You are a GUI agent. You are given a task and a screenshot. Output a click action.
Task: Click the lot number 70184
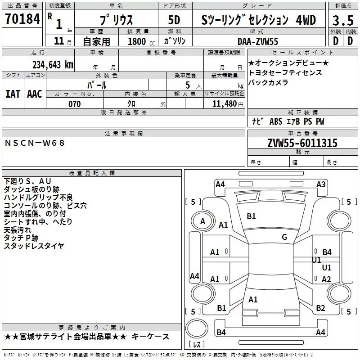23,19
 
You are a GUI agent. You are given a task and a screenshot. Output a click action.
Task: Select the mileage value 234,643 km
53,64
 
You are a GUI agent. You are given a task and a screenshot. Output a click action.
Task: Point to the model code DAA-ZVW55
258,41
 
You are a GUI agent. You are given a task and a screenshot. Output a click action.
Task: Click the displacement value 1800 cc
141,41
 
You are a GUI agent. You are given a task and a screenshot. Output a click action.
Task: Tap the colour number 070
74,104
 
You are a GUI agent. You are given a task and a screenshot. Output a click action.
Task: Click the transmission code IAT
13,94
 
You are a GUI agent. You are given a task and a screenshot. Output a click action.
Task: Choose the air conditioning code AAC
34,94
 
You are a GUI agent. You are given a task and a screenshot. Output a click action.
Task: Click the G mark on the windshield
284,237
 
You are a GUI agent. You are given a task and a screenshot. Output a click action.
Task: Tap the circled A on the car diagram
202,221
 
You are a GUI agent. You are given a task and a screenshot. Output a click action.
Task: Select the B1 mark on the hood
251,216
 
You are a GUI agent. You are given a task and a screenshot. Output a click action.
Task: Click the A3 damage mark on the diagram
321,184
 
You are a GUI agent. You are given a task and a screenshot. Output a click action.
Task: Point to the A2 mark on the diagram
326,279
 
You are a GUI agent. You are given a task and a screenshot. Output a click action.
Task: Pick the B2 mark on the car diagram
320,308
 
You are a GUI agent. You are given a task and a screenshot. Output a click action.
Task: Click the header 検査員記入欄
92,173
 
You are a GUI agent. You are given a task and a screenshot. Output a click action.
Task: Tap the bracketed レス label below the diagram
197,345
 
